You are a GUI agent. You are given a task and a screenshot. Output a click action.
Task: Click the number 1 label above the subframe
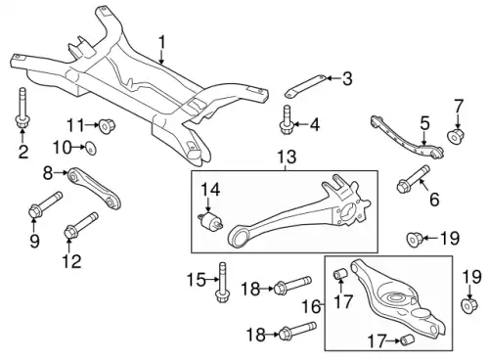coord(161,41)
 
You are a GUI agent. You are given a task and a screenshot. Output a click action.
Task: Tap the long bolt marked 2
coord(21,109)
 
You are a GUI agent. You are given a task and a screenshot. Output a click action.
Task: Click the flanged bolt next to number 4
coord(288,124)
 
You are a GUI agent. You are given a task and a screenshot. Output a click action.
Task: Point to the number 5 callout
coord(423,122)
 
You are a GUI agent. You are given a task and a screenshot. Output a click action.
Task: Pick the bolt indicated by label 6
coord(412,181)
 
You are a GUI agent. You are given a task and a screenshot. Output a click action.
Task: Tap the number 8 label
coord(47,173)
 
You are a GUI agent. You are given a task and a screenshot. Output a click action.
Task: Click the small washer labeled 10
coord(90,148)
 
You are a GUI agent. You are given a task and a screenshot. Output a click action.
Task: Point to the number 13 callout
coord(285,158)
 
